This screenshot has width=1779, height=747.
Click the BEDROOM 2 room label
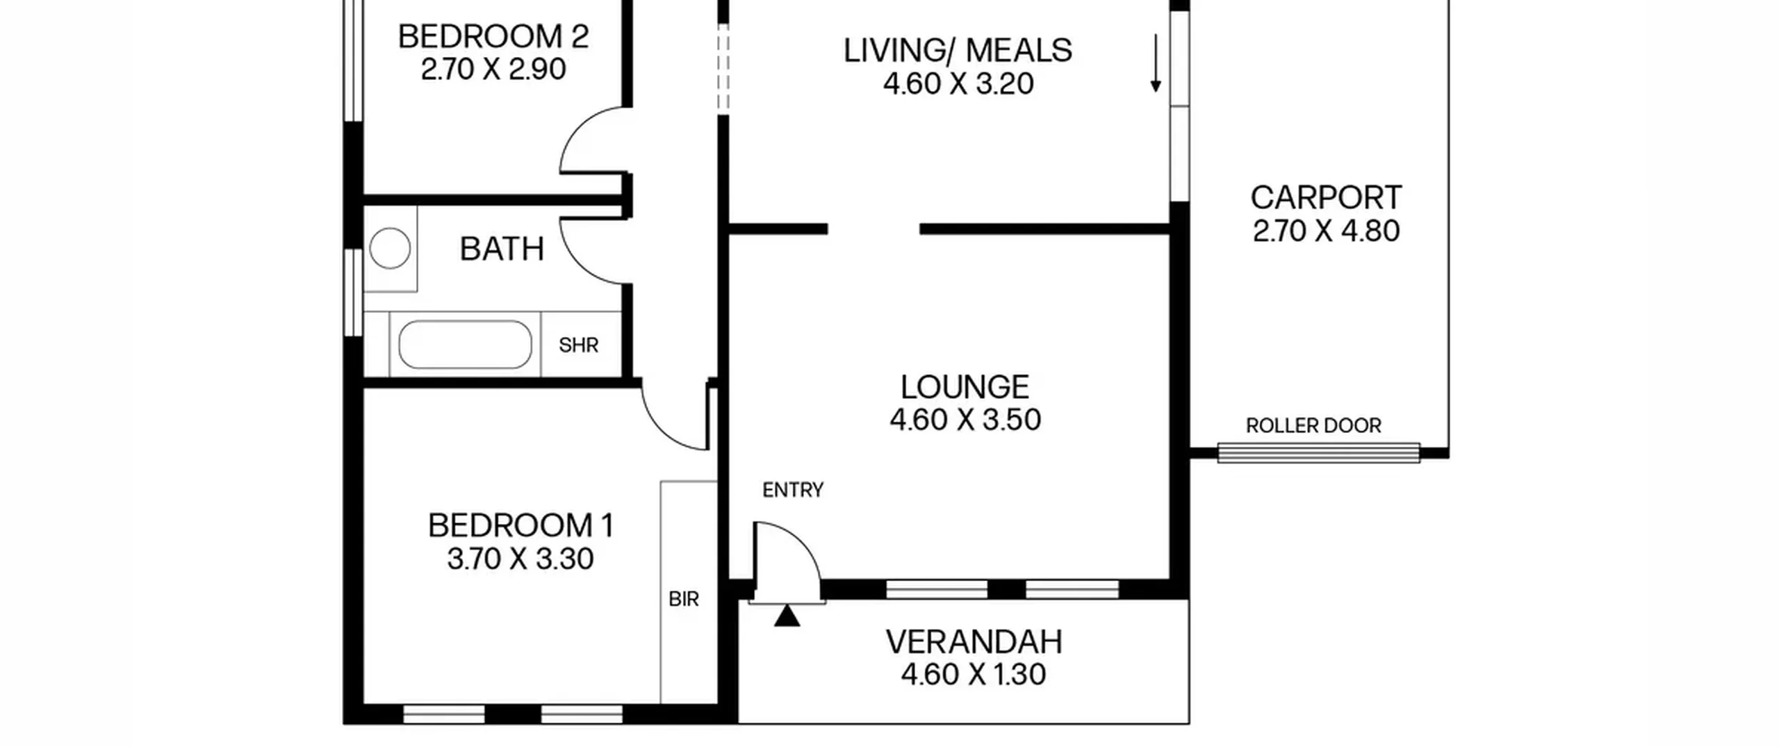click(493, 36)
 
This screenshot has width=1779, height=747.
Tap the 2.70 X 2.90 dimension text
click(493, 69)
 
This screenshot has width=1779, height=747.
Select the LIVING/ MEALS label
click(958, 51)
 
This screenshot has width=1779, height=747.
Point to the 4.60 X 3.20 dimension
click(958, 84)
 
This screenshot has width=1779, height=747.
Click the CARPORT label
click(1326, 198)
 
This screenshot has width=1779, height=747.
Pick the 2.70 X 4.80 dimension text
click(1326, 231)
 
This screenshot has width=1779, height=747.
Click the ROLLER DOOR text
click(1313, 426)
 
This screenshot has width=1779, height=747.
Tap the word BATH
click(502, 249)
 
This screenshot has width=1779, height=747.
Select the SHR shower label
click(579, 345)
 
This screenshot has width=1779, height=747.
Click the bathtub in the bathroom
click(465, 345)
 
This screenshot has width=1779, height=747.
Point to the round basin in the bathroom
click(390, 248)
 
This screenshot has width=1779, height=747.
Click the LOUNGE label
click(965, 387)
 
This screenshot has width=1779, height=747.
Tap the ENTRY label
click(793, 491)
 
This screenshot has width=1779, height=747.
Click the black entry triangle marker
click(787, 616)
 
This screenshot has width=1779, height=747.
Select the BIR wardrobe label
click(684, 600)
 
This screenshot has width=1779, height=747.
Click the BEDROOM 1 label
click(520, 526)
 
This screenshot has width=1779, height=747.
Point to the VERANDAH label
click(974, 643)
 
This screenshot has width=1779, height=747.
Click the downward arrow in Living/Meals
click(1155, 63)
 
